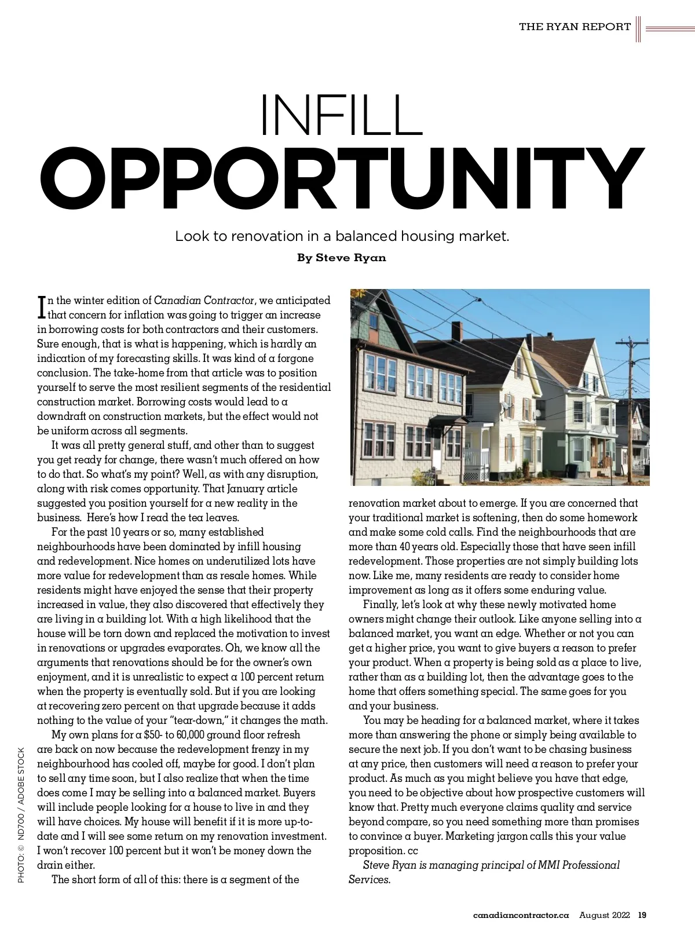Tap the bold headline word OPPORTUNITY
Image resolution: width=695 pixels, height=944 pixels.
pos(342,178)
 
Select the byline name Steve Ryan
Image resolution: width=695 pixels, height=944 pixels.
pos(350,258)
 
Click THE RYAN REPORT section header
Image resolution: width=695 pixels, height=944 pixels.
pos(575,27)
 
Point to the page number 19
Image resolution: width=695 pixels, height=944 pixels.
pos(642,915)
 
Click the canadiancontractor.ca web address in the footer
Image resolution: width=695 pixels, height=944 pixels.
pos(521,915)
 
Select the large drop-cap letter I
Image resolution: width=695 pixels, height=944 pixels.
pos(41,308)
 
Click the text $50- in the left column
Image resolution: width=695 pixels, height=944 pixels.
pos(153,735)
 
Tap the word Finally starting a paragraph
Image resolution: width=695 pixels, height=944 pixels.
pos(381,605)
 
